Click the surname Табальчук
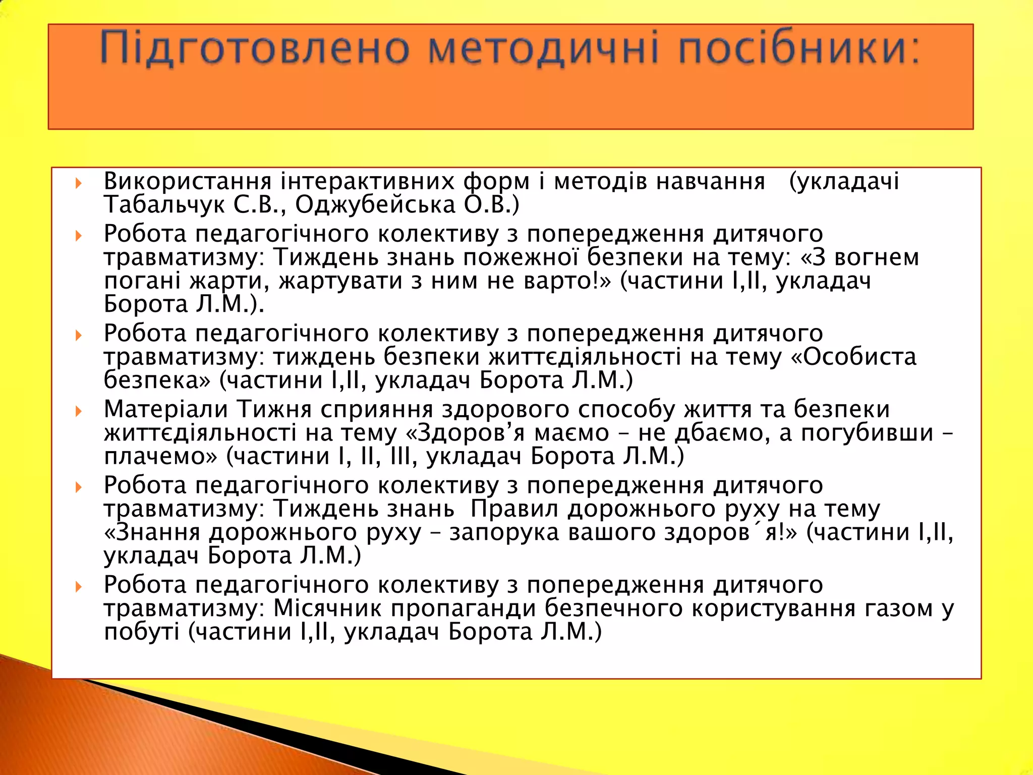coord(163,205)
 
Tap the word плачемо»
coord(160,456)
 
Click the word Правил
coord(514,509)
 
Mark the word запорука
coord(504,532)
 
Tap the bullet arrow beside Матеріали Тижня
coord(79,411)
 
